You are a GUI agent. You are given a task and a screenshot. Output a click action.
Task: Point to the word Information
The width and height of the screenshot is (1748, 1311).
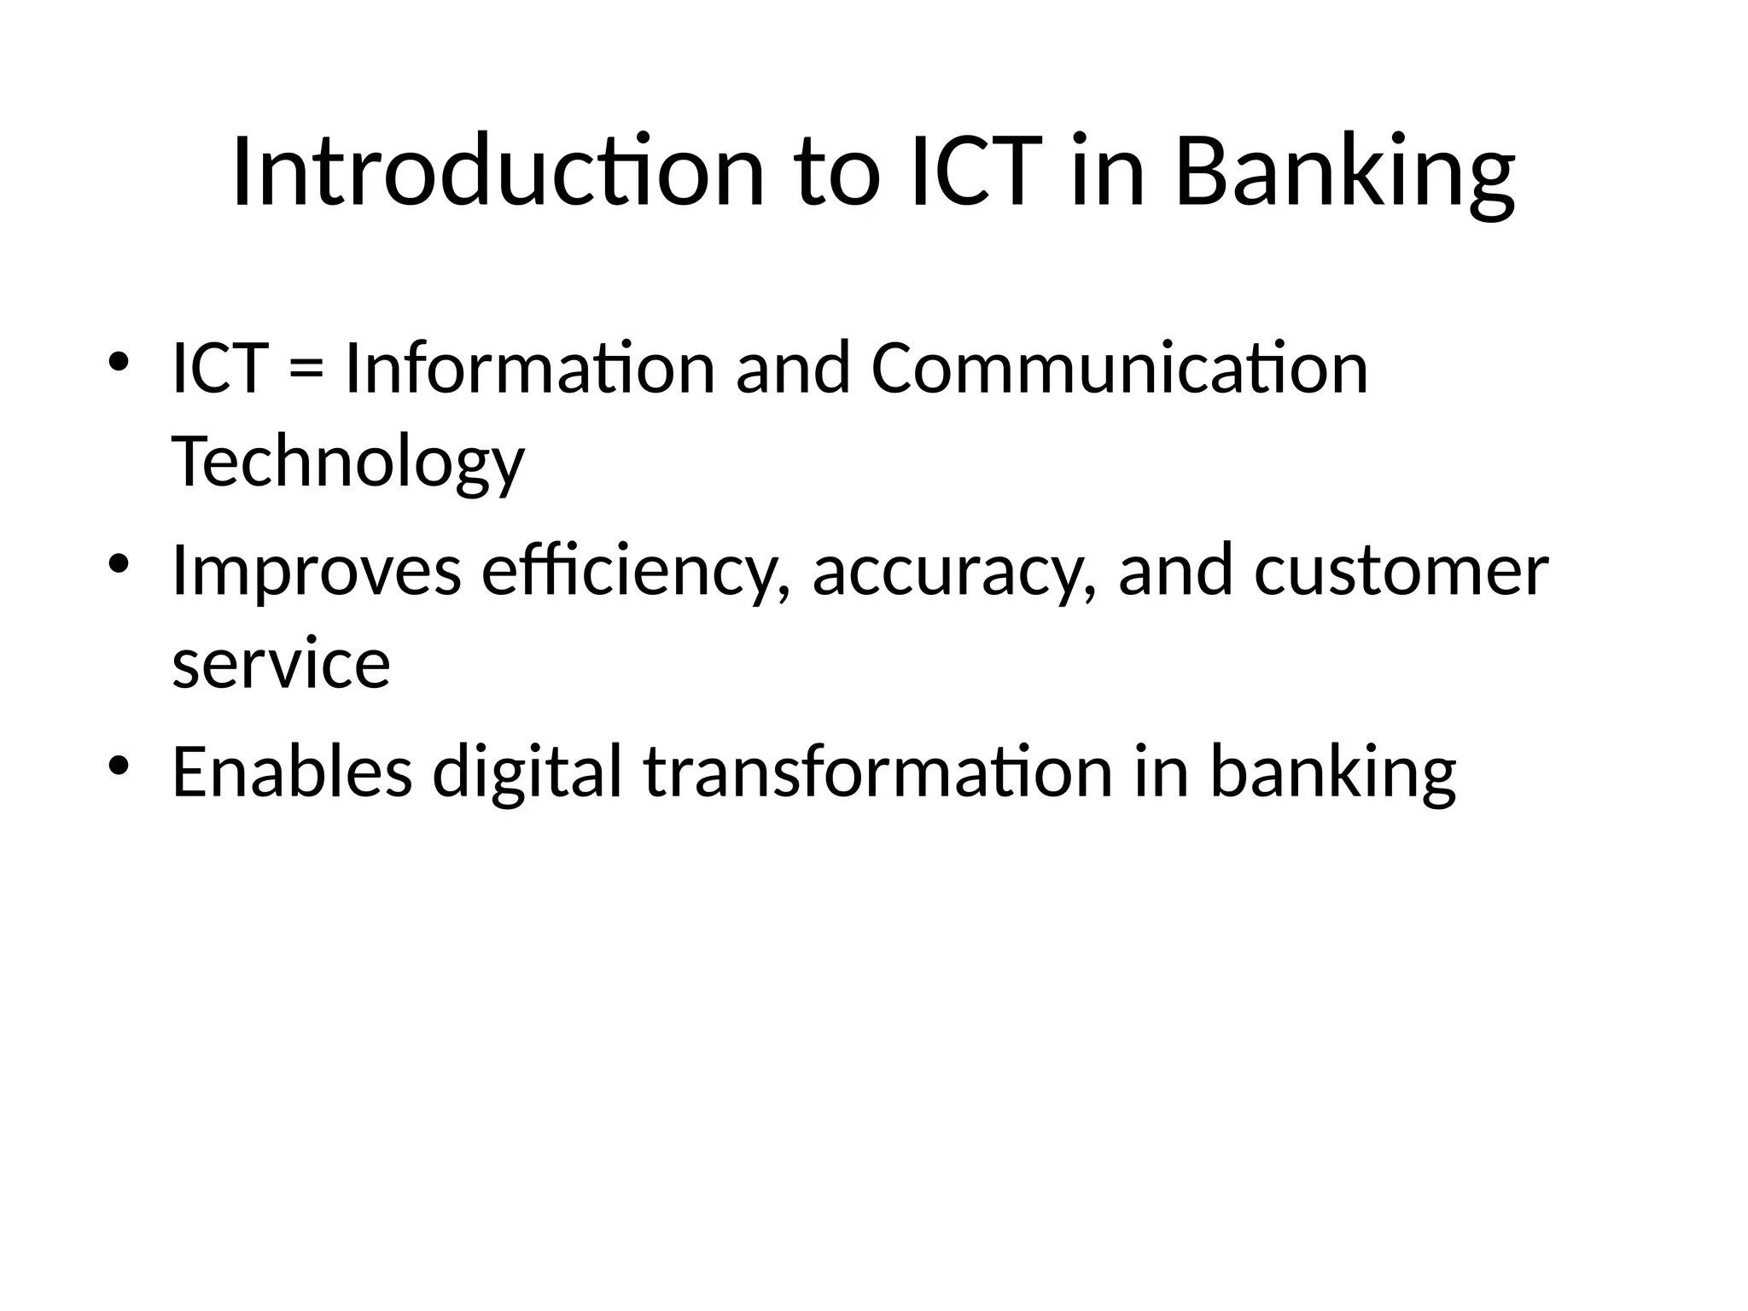(528, 369)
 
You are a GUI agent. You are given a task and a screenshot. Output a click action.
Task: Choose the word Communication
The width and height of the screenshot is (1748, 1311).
(1119, 369)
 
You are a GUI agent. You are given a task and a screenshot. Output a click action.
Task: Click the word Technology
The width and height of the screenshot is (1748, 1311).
(347, 462)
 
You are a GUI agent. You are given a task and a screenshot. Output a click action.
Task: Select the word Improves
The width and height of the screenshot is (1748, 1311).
(316, 570)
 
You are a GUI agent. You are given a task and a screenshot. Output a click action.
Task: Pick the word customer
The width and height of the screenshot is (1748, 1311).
(1401, 570)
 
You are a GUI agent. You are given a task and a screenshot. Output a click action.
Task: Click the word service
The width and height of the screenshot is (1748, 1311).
(281, 663)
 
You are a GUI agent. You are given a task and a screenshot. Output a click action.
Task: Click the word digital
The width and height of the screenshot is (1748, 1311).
(527, 771)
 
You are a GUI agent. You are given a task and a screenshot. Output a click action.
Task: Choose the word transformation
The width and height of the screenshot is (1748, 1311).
(878, 771)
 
